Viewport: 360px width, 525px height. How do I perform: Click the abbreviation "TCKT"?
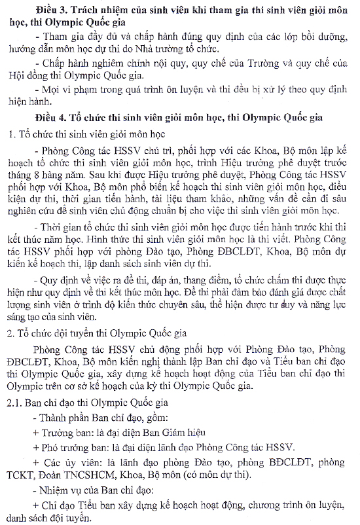[x=23, y=473]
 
